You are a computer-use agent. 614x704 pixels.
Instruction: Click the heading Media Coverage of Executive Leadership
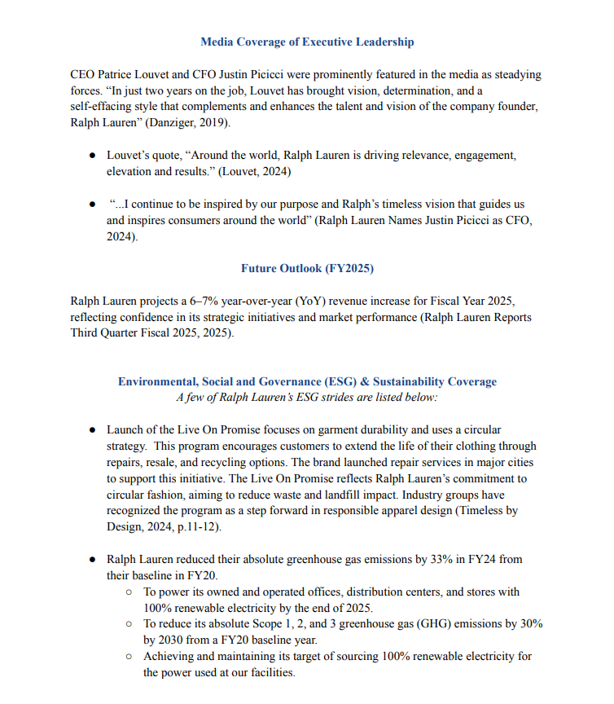(307, 42)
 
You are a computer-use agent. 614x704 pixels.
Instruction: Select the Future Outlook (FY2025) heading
(307, 268)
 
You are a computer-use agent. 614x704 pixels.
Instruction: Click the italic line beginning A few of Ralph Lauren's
(307, 398)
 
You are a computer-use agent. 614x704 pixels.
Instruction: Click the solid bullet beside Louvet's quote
(94, 155)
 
